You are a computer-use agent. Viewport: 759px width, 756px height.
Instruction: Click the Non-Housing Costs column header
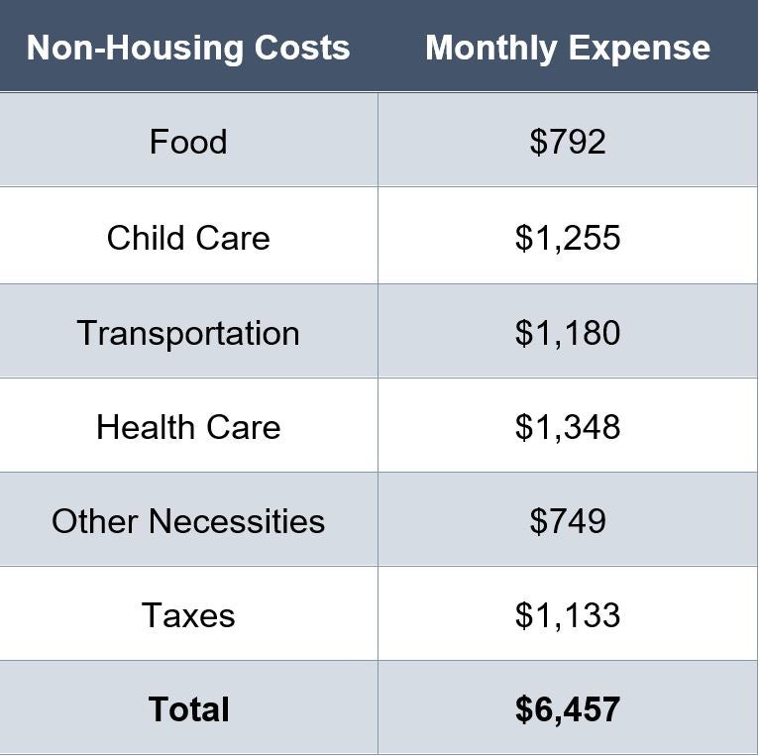(188, 48)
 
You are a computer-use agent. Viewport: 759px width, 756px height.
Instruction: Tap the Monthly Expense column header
(568, 48)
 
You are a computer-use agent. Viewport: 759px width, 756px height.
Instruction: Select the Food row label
(188, 142)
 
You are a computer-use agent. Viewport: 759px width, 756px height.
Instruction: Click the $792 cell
(568, 142)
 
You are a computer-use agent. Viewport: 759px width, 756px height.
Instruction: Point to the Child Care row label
(188, 238)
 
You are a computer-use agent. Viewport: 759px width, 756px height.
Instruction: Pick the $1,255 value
(568, 238)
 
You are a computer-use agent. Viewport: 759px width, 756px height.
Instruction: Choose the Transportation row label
(188, 333)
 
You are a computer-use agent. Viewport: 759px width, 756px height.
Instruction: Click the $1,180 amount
(568, 333)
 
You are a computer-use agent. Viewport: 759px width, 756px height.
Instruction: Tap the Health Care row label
(188, 427)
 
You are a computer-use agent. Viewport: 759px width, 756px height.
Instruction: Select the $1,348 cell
(568, 427)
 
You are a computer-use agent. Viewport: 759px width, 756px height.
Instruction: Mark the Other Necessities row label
(188, 521)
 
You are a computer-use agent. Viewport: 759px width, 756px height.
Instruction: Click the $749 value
(568, 521)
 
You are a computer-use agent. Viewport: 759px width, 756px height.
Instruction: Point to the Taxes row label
(188, 615)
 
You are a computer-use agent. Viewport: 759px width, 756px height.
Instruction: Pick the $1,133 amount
(568, 615)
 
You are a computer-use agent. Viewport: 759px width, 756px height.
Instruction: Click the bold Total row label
(188, 709)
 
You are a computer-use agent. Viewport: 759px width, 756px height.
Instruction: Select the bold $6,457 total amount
(568, 709)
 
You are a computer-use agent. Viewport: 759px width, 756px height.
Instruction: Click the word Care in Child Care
(234, 238)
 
